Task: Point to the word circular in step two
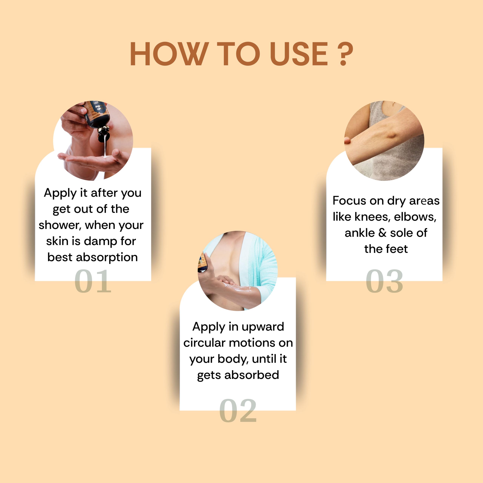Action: click(204, 343)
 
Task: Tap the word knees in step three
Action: click(372, 217)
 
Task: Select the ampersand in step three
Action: click(382, 233)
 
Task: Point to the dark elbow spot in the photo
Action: click(390, 135)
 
